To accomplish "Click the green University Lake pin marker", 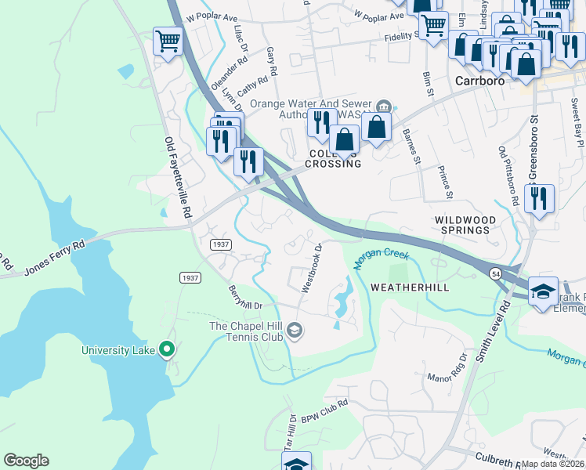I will pos(166,349).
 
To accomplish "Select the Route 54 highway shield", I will pos(497,273).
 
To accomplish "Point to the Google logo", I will pos(26,461).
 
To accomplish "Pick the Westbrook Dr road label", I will pos(311,268).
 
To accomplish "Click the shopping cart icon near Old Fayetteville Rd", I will pos(168,42).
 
